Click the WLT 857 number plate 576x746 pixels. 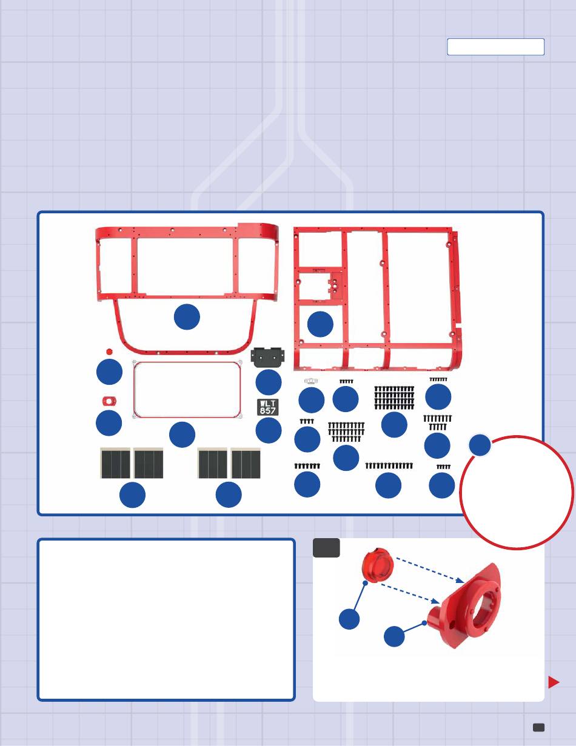[x=267, y=407]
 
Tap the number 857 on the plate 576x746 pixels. [x=267, y=411]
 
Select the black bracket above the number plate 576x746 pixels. [x=267, y=357]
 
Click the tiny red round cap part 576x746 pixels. [x=109, y=351]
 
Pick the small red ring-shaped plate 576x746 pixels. [x=109, y=401]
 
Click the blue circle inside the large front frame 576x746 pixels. [x=187, y=316]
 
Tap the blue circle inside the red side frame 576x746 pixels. [x=320, y=324]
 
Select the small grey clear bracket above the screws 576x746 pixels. [x=311, y=381]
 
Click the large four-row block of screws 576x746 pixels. [x=394, y=398]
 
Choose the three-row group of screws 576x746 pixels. [x=346, y=432]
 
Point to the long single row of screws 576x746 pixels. [x=389, y=466]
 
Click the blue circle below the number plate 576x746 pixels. [x=269, y=430]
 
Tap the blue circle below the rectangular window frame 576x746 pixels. [x=182, y=435]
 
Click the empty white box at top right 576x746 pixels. [x=495, y=47]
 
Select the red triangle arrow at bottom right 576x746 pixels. [x=554, y=682]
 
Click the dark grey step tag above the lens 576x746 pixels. [x=326, y=548]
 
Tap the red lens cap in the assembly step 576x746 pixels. [x=378, y=565]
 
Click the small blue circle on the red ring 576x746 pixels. [x=480, y=445]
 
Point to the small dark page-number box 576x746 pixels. [x=538, y=727]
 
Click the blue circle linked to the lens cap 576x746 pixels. [x=349, y=619]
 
